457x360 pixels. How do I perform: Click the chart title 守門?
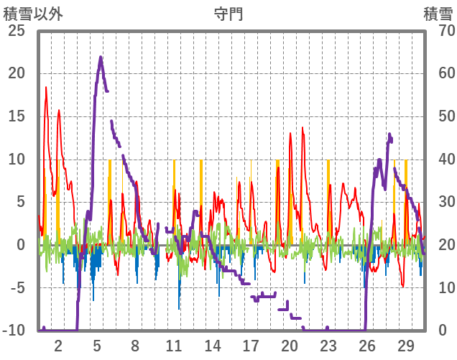(x=228, y=13)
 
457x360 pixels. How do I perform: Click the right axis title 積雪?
(x=438, y=13)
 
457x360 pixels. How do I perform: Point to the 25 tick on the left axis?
(x=16, y=30)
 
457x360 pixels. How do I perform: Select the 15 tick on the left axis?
(x=16, y=116)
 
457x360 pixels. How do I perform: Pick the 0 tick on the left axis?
(x=20, y=245)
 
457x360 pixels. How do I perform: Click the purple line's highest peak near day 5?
(x=101, y=57)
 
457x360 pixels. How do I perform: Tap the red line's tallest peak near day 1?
(x=46, y=87)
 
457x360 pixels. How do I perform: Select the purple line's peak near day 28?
(x=389, y=134)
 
